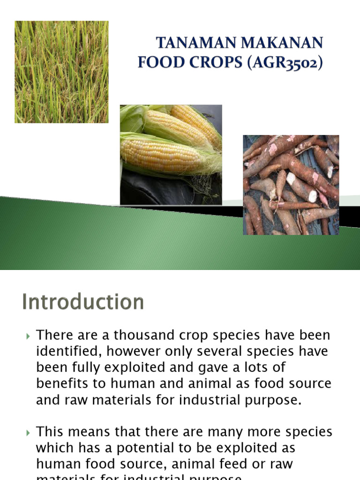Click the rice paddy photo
(61, 72)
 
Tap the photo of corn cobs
(171, 155)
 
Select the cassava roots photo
(291, 185)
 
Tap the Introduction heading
(83, 302)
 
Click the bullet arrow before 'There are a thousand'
(28, 336)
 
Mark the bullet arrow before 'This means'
(28, 432)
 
